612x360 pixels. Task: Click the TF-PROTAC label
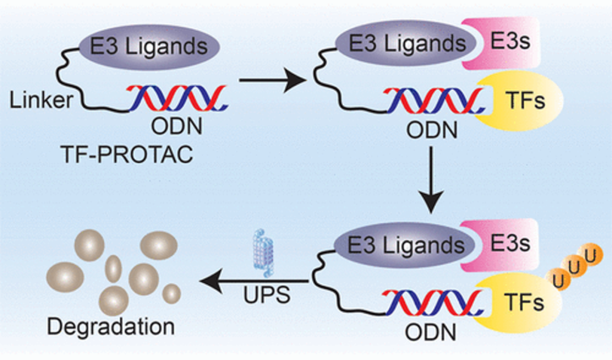(x=127, y=154)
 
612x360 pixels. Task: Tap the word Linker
(x=41, y=100)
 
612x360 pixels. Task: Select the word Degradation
(x=111, y=327)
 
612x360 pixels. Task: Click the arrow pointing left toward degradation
(x=254, y=281)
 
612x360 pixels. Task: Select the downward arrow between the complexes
(x=431, y=180)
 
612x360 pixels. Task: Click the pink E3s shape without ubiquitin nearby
(x=504, y=43)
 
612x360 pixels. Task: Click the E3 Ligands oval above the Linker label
(x=149, y=46)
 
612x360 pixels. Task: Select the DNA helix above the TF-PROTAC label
(x=177, y=99)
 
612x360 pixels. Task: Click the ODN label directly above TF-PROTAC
(x=177, y=126)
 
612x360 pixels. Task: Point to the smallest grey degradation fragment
(x=171, y=294)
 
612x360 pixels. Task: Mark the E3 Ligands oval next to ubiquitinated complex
(x=405, y=245)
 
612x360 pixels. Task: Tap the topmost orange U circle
(x=591, y=256)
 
